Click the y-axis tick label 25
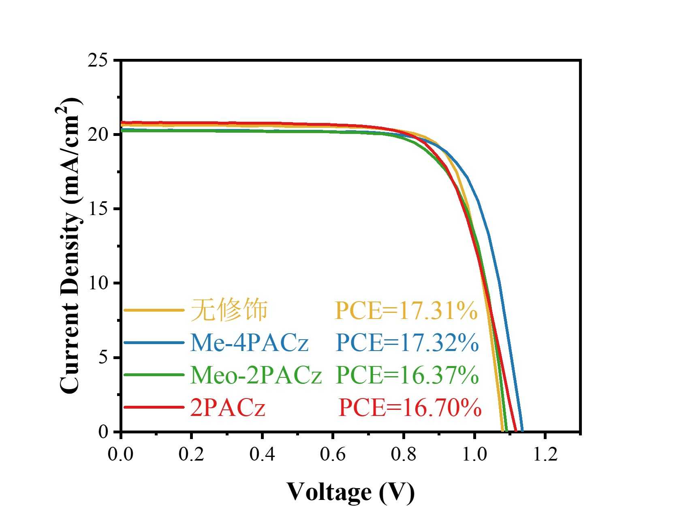click(98, 61)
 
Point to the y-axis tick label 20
click(98, 135)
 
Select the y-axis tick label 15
click(98, 209)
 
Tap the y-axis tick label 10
click(98, 284)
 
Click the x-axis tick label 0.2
click(191, 454)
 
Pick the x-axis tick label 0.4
click(262, 454)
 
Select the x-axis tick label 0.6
click(333, 454)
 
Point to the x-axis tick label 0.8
click(404, 454)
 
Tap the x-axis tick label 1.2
click(545, 454)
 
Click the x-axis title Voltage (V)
click(351, 492)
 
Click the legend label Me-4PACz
click(249, 343)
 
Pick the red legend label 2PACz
click(228, 407)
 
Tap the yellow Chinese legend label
click(229, 310)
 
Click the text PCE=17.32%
click(407, 343)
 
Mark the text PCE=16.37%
click(407, 375)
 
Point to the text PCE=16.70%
click(410, 407)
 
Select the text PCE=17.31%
click(406, 311)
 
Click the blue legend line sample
click(154, 343)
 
